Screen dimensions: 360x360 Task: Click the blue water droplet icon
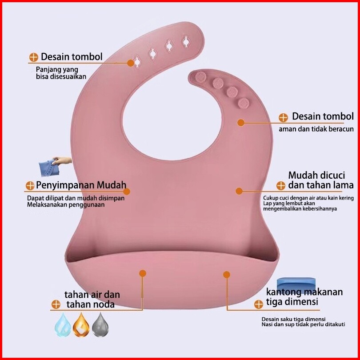click(63, 325)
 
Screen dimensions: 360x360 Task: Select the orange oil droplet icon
click(81, 325)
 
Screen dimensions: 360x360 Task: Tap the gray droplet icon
click(100, 325)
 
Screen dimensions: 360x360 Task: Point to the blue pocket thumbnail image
click(296, 284)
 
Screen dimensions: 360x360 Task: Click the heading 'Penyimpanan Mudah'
click(81, 185)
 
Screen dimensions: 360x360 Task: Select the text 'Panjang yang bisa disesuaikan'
click(61, 73)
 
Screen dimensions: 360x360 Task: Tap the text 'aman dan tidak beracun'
click(316, 129)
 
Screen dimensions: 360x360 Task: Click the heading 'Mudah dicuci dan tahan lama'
click(321, 180)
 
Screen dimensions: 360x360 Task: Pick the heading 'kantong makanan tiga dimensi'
click(304, 296)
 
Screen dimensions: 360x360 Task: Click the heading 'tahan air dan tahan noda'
click(92, 300)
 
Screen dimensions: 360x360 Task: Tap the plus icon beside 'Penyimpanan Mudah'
click(30, 186)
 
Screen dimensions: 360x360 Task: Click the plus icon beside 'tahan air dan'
click(56, 304)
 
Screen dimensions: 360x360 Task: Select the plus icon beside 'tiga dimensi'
click(259, 304)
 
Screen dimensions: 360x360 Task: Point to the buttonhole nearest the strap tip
click(186, 42)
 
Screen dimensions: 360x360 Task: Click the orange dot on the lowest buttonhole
click(131, 63)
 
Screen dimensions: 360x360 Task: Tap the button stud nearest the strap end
click(200, 77)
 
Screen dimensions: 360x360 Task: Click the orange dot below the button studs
click(241, 123)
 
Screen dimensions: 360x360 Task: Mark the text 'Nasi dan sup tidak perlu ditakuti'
click(303, 324)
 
